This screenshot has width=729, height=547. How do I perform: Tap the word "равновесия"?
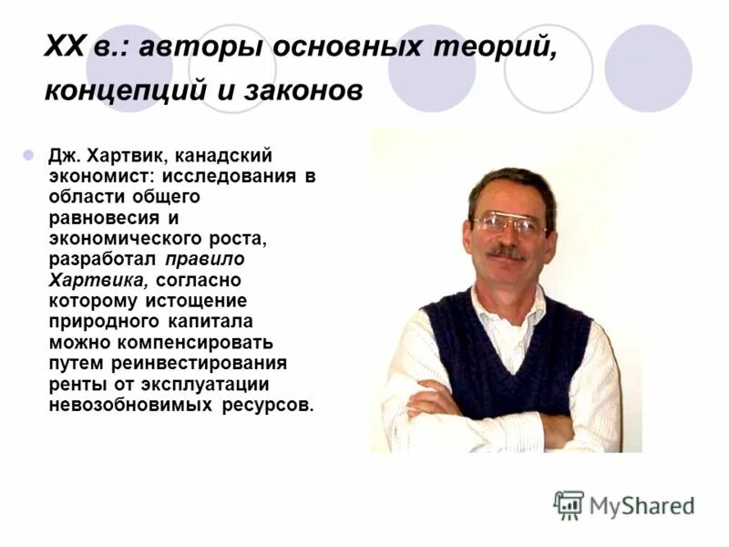tap(98, 218)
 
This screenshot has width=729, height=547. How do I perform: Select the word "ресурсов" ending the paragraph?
tap(268, 405)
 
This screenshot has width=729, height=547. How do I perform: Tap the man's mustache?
tap(506, 253)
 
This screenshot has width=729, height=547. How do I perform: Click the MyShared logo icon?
tap(569, 504)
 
